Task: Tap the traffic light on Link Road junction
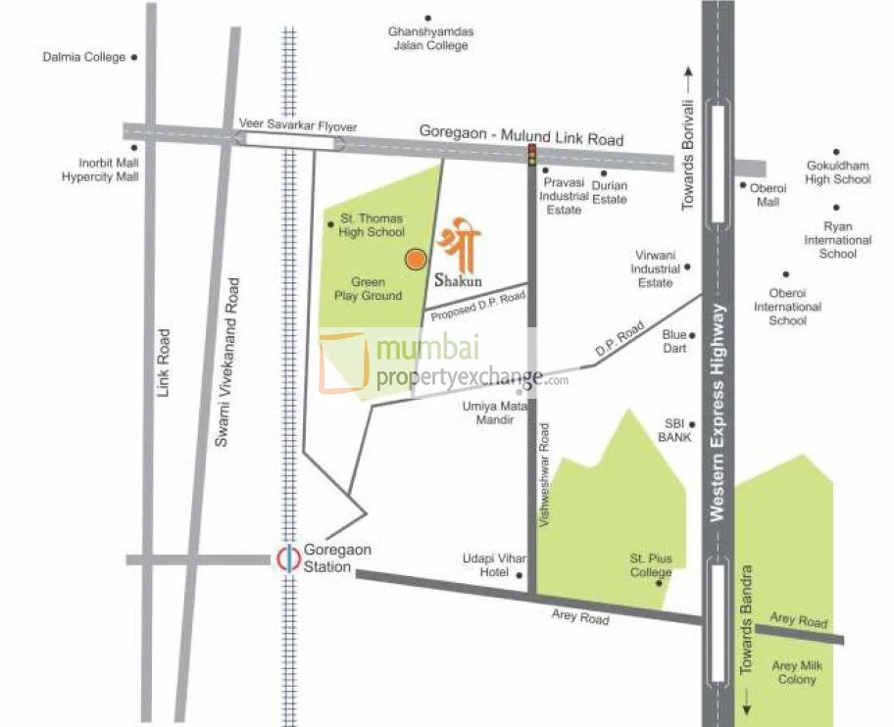point(532,154)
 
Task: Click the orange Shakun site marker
point(416,259)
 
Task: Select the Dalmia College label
point(84,57)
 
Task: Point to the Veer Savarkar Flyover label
point(298,126)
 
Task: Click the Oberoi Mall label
point(769,195)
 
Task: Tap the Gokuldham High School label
point(837,172)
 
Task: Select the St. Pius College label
point(651,565)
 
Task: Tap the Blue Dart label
point(674,341)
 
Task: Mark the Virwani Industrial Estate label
point(655,268)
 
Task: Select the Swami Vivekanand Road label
point(227,363)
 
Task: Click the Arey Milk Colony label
point(797,672)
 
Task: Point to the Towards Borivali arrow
point(688,73)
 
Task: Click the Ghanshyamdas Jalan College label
point(430,38)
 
